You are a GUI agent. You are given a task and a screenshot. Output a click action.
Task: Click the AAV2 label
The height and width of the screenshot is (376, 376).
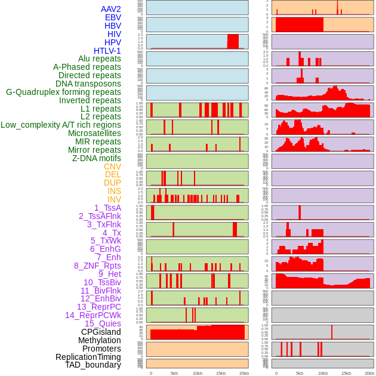coord(110,9)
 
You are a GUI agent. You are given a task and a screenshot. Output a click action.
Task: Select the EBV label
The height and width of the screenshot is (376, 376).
coord(113,17)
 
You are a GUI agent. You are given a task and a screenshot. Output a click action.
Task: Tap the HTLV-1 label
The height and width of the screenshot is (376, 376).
coord(107,51)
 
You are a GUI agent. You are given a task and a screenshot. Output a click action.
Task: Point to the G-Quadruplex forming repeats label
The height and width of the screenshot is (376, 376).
coord(63,92)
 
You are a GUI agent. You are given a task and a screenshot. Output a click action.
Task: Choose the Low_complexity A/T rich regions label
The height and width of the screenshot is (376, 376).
coord(60,125)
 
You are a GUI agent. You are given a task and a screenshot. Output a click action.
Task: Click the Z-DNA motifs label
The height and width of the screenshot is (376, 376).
coord(96,158)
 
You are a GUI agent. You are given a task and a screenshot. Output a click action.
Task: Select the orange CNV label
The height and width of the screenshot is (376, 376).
coord(112,167)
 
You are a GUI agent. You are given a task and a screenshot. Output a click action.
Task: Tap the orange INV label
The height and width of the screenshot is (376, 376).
coord(114,199)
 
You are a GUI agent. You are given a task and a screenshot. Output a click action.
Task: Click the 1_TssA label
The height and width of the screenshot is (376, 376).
coord(107,208)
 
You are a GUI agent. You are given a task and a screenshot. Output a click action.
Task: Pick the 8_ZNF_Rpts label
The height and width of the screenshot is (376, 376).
coord(97,266)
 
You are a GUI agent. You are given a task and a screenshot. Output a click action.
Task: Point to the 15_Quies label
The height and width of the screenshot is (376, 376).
coord(103,323)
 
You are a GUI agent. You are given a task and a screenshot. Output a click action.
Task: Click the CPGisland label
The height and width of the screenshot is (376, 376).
coord(101,332)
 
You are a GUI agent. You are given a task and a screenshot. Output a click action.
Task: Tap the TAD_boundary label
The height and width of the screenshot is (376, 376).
coord(93,365)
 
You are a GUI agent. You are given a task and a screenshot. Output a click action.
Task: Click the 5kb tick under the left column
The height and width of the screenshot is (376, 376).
coord(174,373)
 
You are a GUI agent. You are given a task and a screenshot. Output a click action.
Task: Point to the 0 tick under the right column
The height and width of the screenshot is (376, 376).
coord(276,373)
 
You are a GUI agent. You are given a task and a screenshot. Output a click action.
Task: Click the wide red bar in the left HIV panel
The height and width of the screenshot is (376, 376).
coord(233,41)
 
